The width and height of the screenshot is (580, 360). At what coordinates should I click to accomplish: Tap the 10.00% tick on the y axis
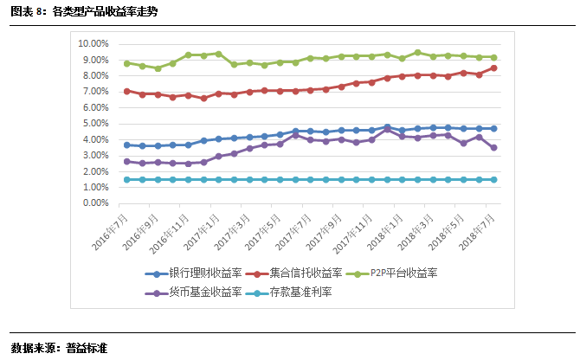[93, 43]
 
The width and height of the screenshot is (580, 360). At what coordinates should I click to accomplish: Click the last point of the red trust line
[493, 67]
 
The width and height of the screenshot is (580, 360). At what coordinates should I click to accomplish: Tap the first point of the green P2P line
[127, 63]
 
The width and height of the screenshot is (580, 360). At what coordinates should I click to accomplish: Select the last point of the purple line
[493, 148]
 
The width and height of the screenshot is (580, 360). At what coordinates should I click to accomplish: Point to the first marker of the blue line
[127, 145]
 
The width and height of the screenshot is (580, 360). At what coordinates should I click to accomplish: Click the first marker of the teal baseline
[127, 180]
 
